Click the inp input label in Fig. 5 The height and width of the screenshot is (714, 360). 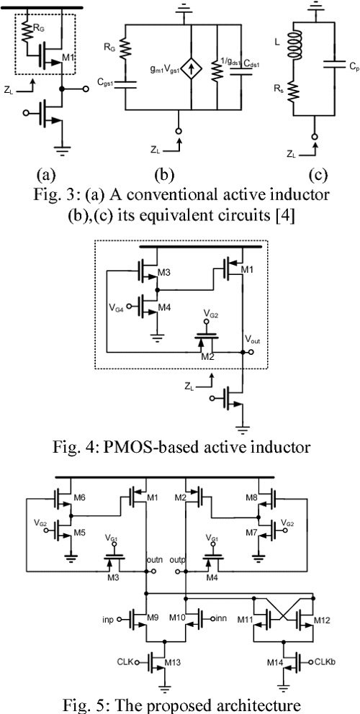(x=106, y=618)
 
